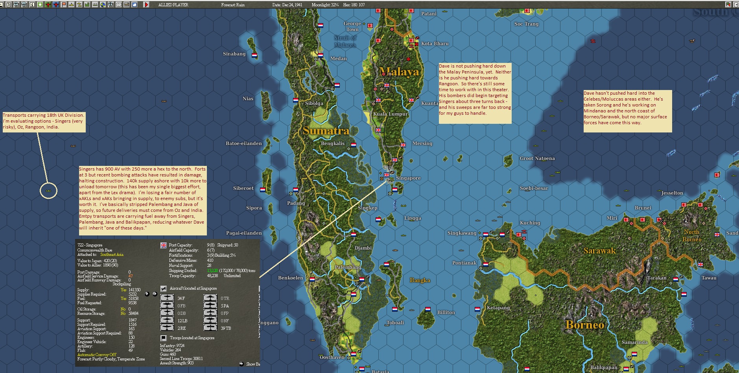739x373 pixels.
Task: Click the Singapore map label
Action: [x=408, y=178]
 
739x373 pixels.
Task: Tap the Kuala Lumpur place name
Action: [x=390, y=114]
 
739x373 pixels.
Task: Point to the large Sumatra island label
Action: [x=326, y=131]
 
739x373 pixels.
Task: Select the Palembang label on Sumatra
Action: [x=348, y=267]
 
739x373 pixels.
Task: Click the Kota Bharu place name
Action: [x=435, y=44]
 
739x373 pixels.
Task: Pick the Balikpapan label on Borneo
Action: [x=604, y=367]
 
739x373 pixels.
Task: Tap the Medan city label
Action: [x=338, y=59]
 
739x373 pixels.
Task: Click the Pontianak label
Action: [x=464, y=263]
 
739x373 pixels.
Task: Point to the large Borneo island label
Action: [x=584, y=325]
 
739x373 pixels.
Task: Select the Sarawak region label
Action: [x=599, y=251]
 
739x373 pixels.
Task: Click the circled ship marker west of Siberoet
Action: [x=48, y=191]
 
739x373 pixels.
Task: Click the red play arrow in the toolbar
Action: [x=146, y=5]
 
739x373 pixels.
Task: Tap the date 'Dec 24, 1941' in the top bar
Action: [x=287, y=5]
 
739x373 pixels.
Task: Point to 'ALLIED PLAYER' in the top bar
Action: [x=173, y=5]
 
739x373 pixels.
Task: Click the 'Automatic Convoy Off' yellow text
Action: [x=97, y=355]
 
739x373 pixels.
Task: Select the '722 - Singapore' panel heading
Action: [x=90, y=245]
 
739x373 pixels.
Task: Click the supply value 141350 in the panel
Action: [x=135, y=290]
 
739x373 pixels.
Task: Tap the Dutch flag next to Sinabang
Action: [x=254, y=55]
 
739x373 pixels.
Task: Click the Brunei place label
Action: [x=643, y=208]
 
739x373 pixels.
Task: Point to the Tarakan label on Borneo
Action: [x=656, y=278]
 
